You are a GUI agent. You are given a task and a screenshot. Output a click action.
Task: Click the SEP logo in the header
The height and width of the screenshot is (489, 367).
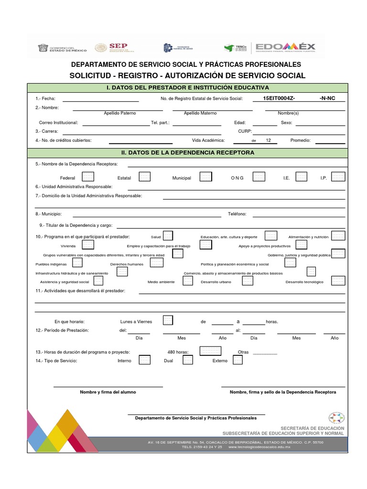click(115, 48)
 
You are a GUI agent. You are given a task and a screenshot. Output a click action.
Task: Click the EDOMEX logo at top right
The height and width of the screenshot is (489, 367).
click(285, 47)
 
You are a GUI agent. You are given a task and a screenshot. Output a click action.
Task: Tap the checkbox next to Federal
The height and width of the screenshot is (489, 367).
click(88, 177)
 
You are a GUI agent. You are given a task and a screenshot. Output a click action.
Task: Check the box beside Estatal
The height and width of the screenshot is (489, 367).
click(144, 177)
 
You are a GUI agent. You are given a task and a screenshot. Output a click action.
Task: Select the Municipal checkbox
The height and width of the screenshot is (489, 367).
click(205, 177)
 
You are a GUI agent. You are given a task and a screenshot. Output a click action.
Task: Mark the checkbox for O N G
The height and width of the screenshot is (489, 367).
click(259, 177)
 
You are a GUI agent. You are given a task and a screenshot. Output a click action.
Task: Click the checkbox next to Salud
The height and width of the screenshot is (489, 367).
click(168, 236)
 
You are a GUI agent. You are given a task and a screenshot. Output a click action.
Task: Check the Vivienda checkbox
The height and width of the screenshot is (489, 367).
click(88, 245)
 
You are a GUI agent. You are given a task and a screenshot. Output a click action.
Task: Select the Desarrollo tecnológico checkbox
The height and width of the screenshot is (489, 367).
click(338, 281)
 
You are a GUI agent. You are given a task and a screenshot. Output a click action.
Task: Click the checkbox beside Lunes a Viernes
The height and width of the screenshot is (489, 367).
click(168, 320)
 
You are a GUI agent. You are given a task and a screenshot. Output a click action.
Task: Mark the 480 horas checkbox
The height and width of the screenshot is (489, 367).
click(210, 351)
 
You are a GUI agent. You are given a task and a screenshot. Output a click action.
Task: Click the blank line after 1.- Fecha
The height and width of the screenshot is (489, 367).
click(100, 99)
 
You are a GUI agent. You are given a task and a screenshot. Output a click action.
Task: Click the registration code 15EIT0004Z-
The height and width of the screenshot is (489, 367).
click(279, 98)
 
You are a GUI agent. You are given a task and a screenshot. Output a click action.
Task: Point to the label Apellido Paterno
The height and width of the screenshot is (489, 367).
click(120, 113)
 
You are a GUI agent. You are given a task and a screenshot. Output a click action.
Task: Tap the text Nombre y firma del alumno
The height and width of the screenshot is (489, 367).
click(108, 392)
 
